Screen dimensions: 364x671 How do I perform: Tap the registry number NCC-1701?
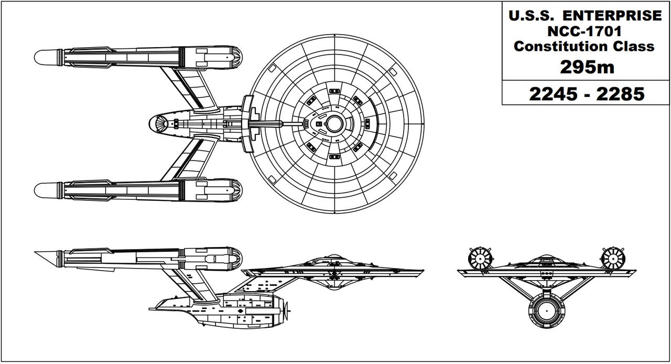(x=585, y=31)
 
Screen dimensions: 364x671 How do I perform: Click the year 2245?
(x=552, y=94)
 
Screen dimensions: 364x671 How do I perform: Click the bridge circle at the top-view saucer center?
(x=334, y=123)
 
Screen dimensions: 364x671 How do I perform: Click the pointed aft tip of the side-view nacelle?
(x=37, y=253)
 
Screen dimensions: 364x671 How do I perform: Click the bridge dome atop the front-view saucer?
(x=545, y=258)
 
